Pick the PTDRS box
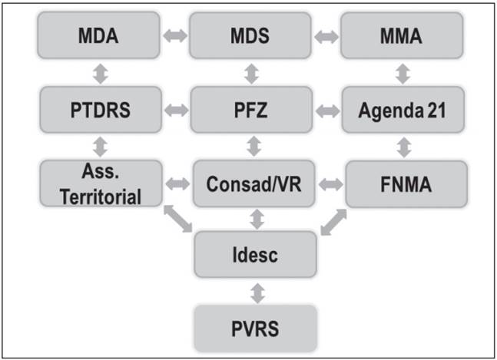(101, 110)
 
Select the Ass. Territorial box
(101, 184)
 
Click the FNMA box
(404, 184)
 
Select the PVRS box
(253, 329)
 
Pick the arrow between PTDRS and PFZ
(177, 110)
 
